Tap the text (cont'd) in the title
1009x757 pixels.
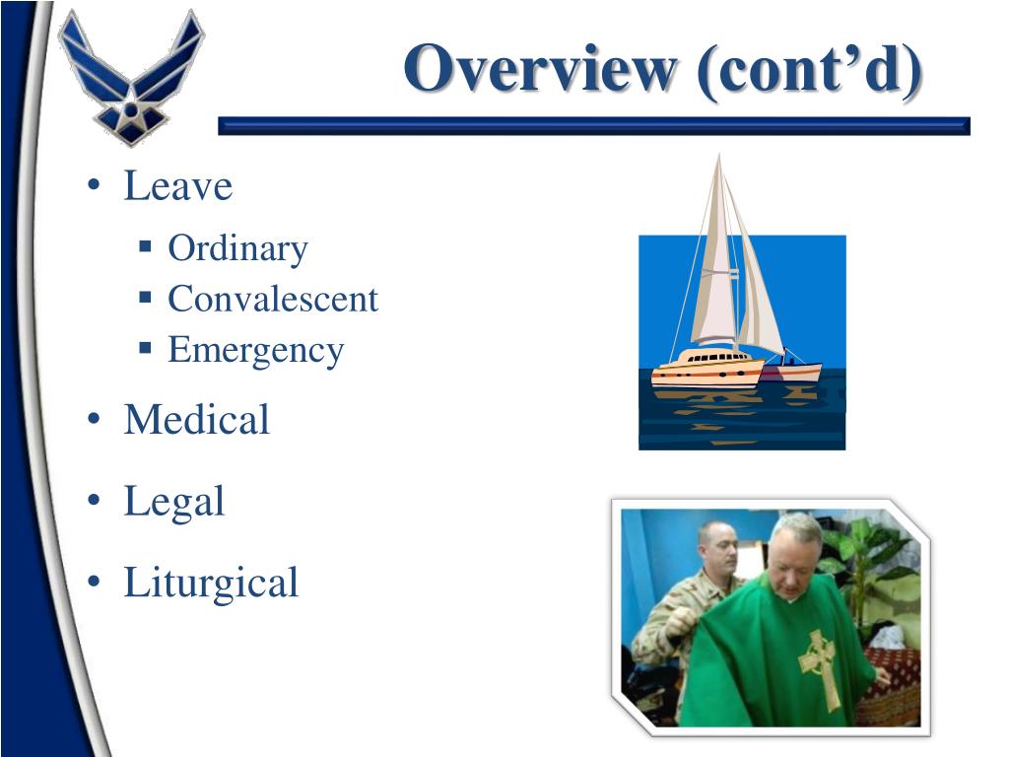click(809, 71)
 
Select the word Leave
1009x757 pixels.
click(177, 186)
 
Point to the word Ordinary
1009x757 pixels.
click(237, 248)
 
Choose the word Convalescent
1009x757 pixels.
click(273, 299)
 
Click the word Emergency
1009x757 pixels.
click(255, 350)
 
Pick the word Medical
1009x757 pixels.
click(196, 420)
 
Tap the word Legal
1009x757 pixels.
click(173, 502)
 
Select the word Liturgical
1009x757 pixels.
click(210, 583)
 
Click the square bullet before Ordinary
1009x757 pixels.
click(145, 244)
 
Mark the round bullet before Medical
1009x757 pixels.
click(94, 422)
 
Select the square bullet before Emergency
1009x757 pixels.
click(145, 347)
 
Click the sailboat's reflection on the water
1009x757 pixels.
click(729, 404)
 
